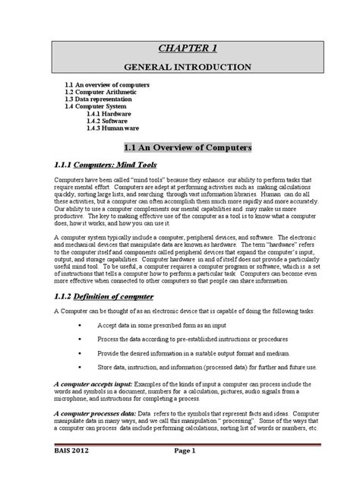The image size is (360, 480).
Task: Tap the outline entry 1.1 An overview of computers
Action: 106,84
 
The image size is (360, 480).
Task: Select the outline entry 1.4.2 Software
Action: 107,120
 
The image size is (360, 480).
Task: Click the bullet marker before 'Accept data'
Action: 80,325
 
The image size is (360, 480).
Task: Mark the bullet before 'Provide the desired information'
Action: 80,353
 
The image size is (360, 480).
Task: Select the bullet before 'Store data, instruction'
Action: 80,368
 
